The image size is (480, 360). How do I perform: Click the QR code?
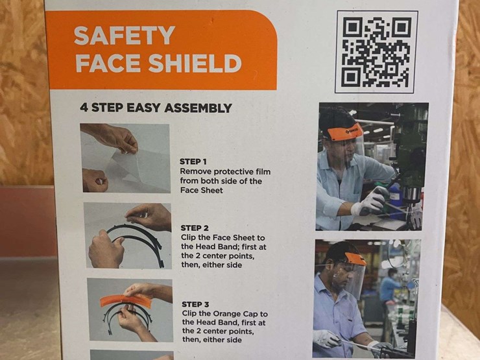[376, 52]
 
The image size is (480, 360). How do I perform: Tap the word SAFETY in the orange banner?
[124, 36]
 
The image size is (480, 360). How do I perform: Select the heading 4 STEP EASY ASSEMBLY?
[156, 108]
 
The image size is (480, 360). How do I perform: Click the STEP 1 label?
[194, 162]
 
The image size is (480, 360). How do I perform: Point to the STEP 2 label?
[195, 228]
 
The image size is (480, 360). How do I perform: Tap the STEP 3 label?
[195, 304]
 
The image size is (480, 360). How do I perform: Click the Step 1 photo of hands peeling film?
[126, 158]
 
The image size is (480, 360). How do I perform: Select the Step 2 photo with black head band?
[127, 235]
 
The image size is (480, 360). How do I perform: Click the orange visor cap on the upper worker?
[344, 133]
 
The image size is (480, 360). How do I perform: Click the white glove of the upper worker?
[367, 206]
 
